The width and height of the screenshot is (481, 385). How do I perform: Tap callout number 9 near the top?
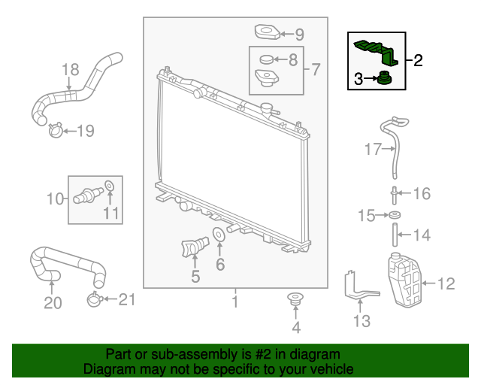click(298, 34)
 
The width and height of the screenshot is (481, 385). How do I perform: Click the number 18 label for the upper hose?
click(69, 70)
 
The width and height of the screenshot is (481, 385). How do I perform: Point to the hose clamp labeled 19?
click(54, 132)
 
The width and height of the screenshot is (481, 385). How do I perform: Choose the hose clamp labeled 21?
click(95, 300)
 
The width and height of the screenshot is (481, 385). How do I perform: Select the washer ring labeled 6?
click(219, 236)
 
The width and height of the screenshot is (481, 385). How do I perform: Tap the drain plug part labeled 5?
click(192, 247)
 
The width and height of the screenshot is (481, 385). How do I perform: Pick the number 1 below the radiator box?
click(234, 302)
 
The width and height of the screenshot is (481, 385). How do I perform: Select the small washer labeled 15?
click(394, 217)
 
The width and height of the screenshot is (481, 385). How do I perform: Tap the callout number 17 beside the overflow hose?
click(374, 150)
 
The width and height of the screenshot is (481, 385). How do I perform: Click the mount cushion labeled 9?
click(266, 32)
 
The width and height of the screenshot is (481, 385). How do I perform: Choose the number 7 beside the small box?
click(315, 70)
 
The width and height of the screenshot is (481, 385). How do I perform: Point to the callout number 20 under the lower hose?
click(52, 302)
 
